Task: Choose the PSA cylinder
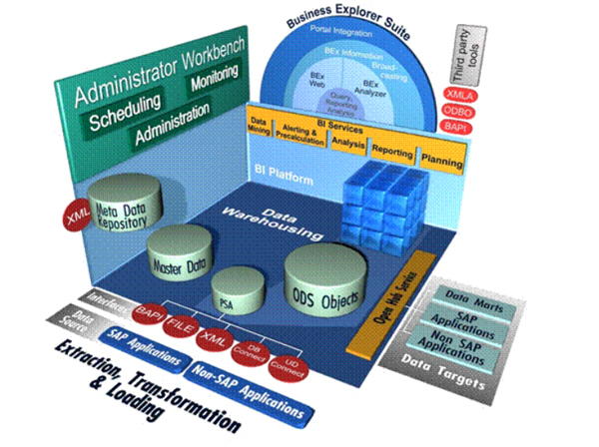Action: point(239,291)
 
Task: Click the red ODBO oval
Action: point(460,112)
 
